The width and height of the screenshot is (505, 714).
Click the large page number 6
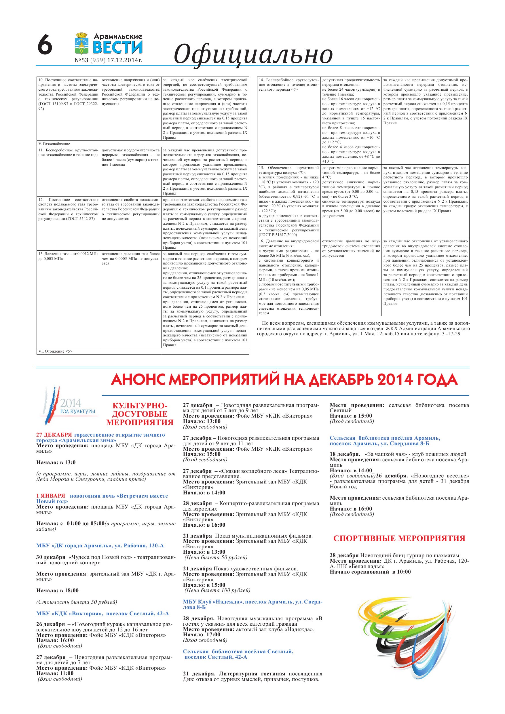(45, 45)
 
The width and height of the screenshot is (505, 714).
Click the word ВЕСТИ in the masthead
(118, 47)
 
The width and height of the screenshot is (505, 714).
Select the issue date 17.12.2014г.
(124, 60)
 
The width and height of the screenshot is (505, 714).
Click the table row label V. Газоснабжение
(54, 144)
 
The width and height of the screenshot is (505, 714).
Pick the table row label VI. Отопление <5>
(55, 351)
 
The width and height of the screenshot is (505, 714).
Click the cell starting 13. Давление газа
(68, 256)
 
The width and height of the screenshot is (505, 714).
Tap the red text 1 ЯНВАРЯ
(51, 496)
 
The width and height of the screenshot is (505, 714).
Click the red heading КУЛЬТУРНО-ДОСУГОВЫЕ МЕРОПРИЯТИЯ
(140, 414)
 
